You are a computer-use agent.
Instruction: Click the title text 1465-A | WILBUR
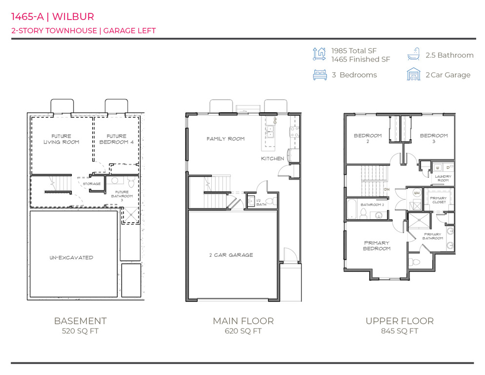click(x=52, y=17)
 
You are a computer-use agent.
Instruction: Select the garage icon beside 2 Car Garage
click(x=413, y=74)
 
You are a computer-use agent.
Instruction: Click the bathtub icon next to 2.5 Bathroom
click(x=413, y=54)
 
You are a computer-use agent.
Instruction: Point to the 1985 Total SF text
click(x=354, y=51)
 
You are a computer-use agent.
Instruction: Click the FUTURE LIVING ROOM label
click(x=61, y=139)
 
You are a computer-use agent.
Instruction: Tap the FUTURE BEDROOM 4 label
click(x=113, y=139)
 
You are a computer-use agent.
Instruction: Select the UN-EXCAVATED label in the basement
click(x=72, y=257)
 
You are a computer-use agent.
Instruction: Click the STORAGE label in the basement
click(x=91, y=184)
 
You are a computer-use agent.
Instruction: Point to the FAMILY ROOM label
click(x=225, y=139)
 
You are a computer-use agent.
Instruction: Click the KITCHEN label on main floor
click(x=272, y=159)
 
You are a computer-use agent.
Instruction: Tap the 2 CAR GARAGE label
click(x=231, y=255)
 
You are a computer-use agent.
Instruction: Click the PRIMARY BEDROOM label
click(x=377, y=246)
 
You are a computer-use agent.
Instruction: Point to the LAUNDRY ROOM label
click(x=443, y=179)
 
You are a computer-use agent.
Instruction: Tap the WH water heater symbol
click(x=416, y=193)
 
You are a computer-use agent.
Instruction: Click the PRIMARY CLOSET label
click(x=438, y=200)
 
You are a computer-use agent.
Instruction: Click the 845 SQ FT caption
click(x=399, y=331)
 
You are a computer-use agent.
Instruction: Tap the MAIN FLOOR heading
click(x=243, y=321)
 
